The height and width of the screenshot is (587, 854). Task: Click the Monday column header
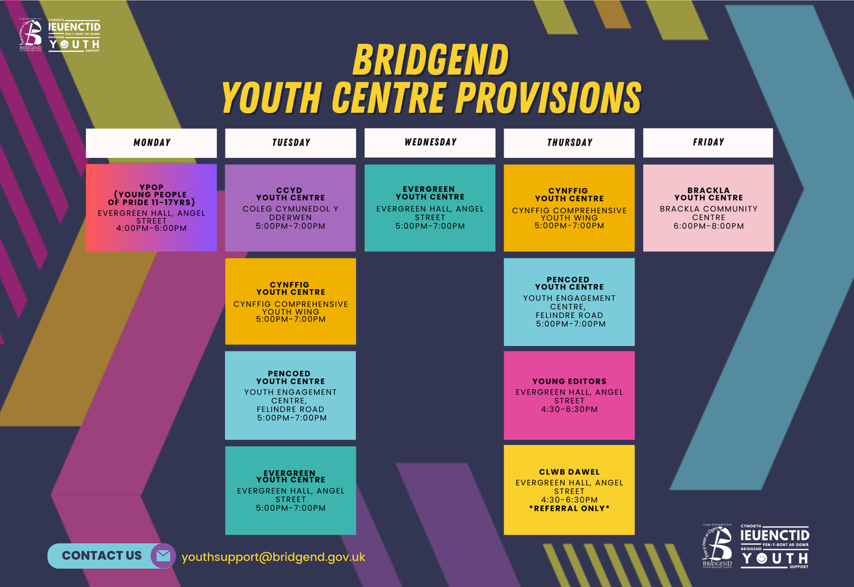pos(151,143)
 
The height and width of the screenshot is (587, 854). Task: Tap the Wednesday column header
pos(430,142)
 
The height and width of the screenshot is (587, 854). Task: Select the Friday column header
pos(708,142)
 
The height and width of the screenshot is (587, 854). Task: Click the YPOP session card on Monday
pos(151,208)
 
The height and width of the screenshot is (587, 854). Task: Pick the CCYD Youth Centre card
pos(290,208)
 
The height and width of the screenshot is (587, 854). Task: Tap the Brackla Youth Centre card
pos(708,208)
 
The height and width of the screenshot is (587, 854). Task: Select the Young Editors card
pos(569,395)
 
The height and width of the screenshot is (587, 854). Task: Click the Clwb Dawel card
pos(569,489)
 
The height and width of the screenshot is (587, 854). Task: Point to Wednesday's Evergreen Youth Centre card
pos(430,208)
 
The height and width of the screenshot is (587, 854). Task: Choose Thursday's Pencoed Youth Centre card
pos(569,302)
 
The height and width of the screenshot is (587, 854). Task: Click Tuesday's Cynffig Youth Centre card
pos(290,301)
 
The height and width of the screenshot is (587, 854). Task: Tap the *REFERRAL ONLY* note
pos(569,508)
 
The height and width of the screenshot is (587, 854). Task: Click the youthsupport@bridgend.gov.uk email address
pos(273,557)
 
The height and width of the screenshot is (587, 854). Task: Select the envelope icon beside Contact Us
pos(163,555)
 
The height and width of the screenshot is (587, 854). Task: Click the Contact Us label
pos(101,555)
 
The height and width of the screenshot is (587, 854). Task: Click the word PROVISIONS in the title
pos(549,98)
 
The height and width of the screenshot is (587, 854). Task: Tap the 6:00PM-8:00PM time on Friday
pos(708,226)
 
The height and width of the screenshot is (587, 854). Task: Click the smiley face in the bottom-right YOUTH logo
pos(762,558)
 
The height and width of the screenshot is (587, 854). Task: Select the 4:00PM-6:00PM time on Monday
pos(151,228)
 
